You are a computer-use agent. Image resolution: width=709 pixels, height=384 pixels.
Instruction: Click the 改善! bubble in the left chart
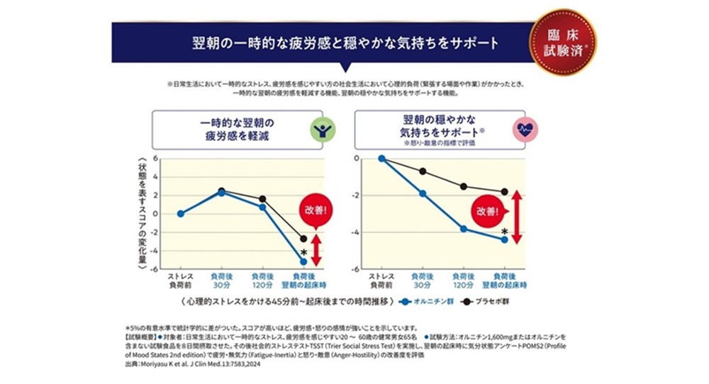[x=316, y=210]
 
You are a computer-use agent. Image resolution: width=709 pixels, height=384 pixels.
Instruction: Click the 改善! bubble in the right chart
[x=489, y=210]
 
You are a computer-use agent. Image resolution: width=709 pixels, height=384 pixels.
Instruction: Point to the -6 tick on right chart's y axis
[x=355, y=269]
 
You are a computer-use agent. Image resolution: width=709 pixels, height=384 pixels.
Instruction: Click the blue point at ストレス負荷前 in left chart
[x=181, y=213]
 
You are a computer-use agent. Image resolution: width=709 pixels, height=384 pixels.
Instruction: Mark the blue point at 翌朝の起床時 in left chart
[x=303, y=261]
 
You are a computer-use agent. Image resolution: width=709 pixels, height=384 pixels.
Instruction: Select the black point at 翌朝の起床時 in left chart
[x=303, y=239]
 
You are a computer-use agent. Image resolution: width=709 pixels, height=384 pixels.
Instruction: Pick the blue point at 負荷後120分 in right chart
[x=463, y=229]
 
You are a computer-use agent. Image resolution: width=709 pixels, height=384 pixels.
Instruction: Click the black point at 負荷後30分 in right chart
[x=423, y=171]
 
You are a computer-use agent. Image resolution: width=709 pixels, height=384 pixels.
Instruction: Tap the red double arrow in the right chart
[x=516, y=217]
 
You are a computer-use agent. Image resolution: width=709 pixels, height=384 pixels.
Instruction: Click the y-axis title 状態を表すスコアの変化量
[x=143, y=213]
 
